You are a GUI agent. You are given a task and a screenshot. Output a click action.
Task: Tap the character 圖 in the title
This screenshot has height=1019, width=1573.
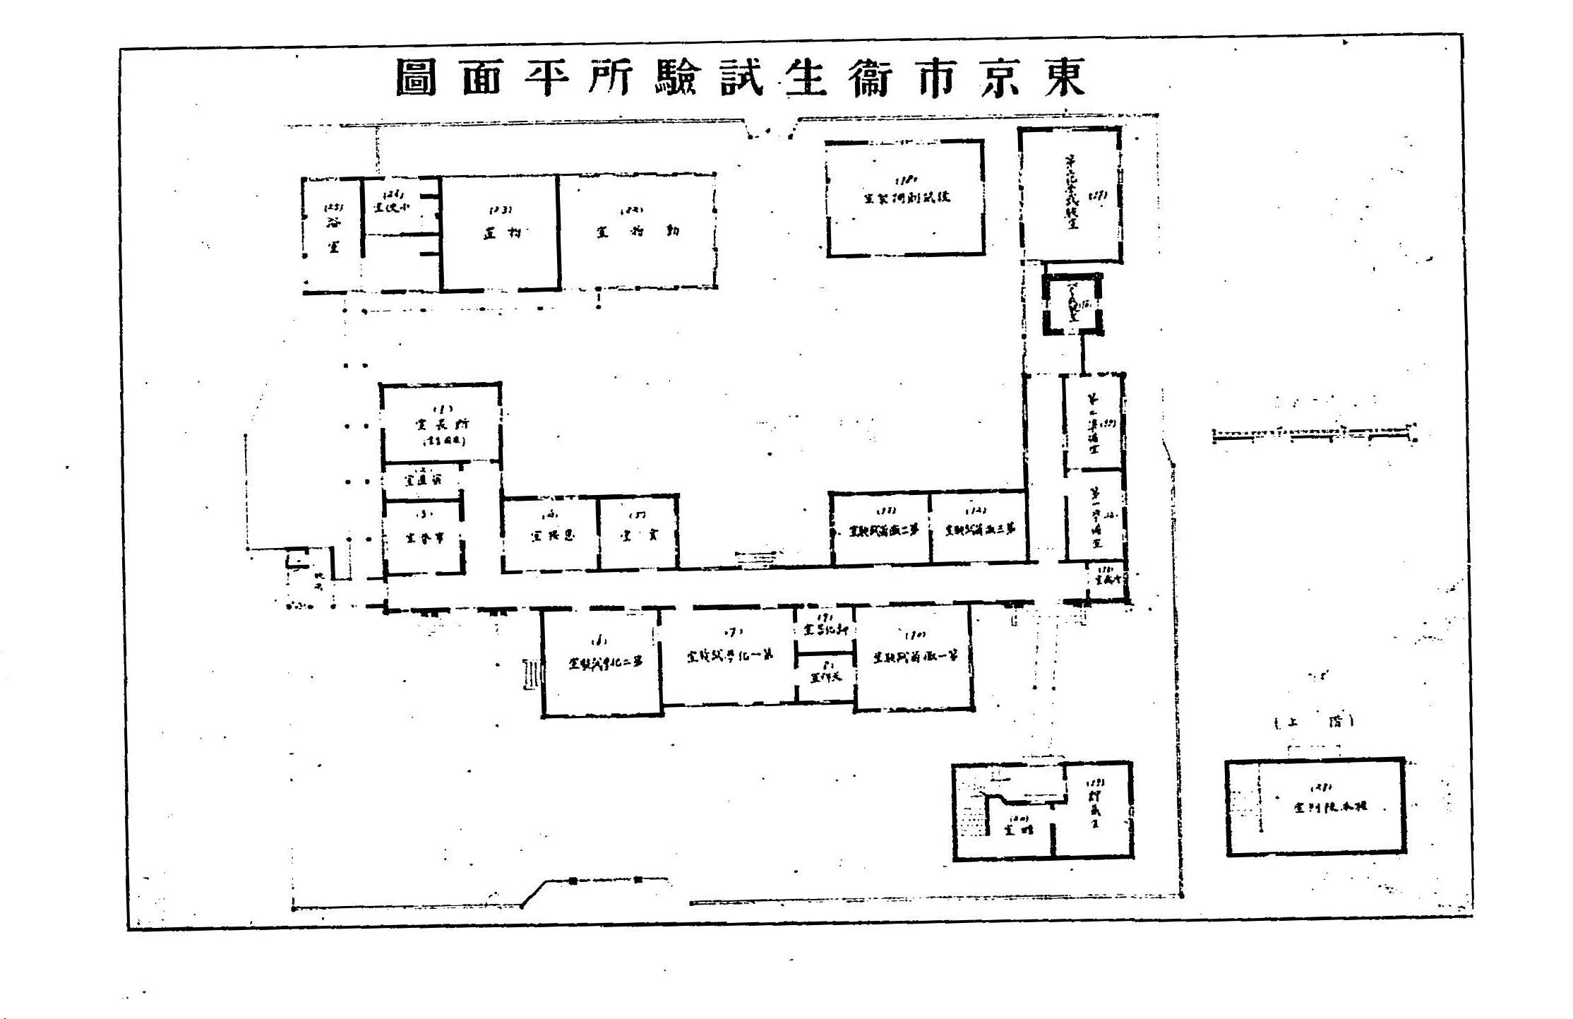point(417,77)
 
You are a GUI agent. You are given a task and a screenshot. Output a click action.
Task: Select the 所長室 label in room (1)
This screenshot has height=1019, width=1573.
point(442,424)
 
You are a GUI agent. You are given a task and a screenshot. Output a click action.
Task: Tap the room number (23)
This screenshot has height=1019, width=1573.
point(501,210)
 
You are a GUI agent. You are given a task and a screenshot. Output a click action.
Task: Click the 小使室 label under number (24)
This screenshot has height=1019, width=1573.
point(392,208)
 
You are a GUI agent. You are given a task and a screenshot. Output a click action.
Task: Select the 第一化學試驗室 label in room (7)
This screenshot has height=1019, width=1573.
point(729,655)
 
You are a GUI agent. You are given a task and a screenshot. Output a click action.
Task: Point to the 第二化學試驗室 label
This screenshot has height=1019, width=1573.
point(606,663)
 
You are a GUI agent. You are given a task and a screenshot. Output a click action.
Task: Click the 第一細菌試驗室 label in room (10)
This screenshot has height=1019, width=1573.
point(915,657)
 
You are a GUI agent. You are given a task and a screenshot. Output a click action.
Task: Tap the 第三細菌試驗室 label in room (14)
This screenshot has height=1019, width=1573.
point(980,529)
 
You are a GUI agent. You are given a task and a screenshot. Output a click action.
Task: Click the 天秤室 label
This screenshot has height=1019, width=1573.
point(825,677)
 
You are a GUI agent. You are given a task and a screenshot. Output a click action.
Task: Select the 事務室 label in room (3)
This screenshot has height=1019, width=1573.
point(424,538)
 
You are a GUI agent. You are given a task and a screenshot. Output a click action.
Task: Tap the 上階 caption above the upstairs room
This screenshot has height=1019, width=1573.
point(1314,722)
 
